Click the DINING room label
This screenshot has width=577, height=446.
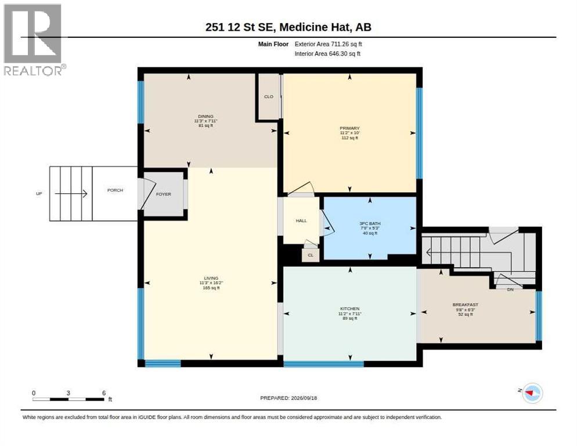coord(205,116)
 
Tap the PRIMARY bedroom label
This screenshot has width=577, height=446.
coord(349,128)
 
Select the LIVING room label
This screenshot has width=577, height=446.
coord(211,278)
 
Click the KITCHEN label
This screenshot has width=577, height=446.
coord(349,308)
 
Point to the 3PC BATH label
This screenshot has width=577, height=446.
coord(370,223)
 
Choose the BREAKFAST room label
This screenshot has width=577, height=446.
coord(465,304)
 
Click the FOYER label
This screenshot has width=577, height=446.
coord(163,194)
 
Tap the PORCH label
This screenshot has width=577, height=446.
coord(115,190)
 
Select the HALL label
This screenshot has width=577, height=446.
coord(301,221)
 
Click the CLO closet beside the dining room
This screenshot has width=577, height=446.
coord(269,96)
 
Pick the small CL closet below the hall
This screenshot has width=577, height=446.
coord(311,255)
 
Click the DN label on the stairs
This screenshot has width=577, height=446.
coord(510,289)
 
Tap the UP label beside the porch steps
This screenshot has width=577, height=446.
coord(39,193)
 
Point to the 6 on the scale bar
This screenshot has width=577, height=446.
coord(104,393)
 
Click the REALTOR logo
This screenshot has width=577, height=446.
coord(34,39)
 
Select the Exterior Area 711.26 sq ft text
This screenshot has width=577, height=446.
coord(328,44)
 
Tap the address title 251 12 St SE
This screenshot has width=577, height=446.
coord(241,27)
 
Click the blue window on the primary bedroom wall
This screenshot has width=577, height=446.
coord(420,134)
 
